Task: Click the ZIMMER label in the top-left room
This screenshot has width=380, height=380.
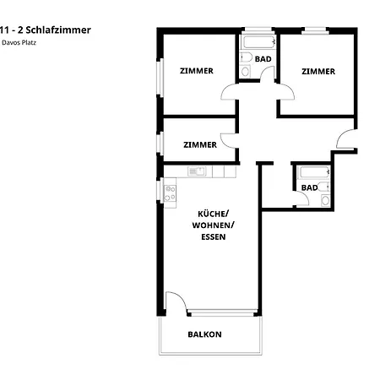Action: (x=197, y=71)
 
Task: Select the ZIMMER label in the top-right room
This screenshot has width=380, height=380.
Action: (x=318, y=71)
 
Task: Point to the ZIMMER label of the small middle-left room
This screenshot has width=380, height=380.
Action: (x=200, y=144)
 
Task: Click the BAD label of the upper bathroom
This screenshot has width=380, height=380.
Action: (x=263, y=59)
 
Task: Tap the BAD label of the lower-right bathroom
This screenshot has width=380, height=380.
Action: (x=310, y=187)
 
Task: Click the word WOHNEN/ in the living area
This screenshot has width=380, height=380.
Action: (x=213, y=225)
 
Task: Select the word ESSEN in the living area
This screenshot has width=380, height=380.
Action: (x=213, y=237)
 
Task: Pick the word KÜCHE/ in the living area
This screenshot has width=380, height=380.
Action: (x=213, y=214)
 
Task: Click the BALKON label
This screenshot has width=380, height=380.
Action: (x=204, y=334)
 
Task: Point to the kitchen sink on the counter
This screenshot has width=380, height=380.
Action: (x=198, y=171)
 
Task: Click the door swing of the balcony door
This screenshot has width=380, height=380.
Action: (x=176, y=301)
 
